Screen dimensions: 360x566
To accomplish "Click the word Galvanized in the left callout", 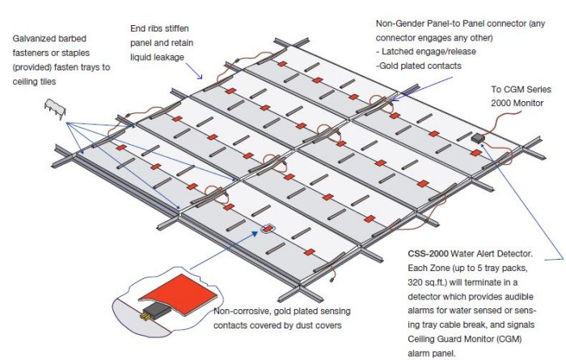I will (38, 37).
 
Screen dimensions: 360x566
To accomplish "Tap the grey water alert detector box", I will (479, 139).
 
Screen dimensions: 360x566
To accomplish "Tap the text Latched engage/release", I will (420, 50).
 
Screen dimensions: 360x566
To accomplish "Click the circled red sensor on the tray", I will (266, 228).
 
